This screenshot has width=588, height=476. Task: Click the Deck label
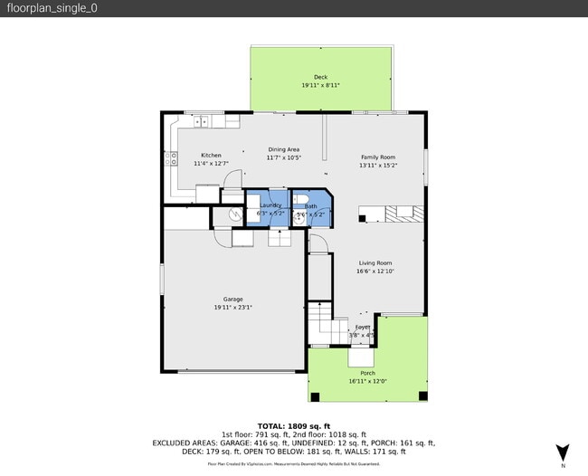tap(320, 77)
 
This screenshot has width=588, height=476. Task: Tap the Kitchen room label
tap(211, 156)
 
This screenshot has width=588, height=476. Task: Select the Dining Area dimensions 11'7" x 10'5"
tap(283, 157)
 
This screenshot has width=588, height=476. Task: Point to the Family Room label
tap(377, 156)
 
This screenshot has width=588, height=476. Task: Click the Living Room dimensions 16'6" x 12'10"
tap(375, 271)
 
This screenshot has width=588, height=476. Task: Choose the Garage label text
tap(232, 299)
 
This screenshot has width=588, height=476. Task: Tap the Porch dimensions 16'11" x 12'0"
tap(367, 381)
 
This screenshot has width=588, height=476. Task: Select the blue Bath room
tap(311, 207)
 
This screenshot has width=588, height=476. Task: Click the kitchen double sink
tap(203, 120)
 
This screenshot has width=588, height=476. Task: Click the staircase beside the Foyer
tap(319, 320)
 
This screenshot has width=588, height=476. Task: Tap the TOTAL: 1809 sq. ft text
tap(294, 425)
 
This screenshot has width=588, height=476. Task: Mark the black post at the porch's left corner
tap(314, 396)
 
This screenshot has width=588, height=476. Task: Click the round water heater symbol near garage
tap(234, 215)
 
